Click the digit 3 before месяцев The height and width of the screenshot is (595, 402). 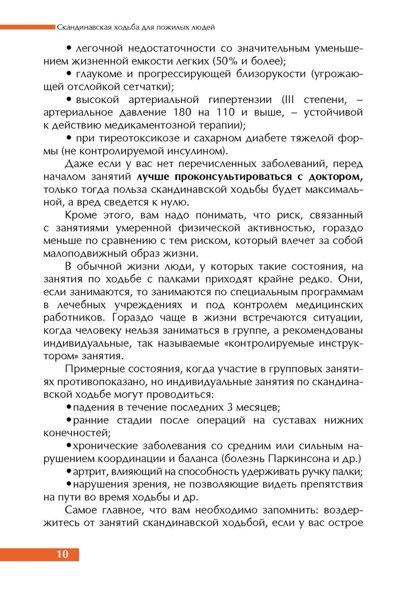coord(230,407)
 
